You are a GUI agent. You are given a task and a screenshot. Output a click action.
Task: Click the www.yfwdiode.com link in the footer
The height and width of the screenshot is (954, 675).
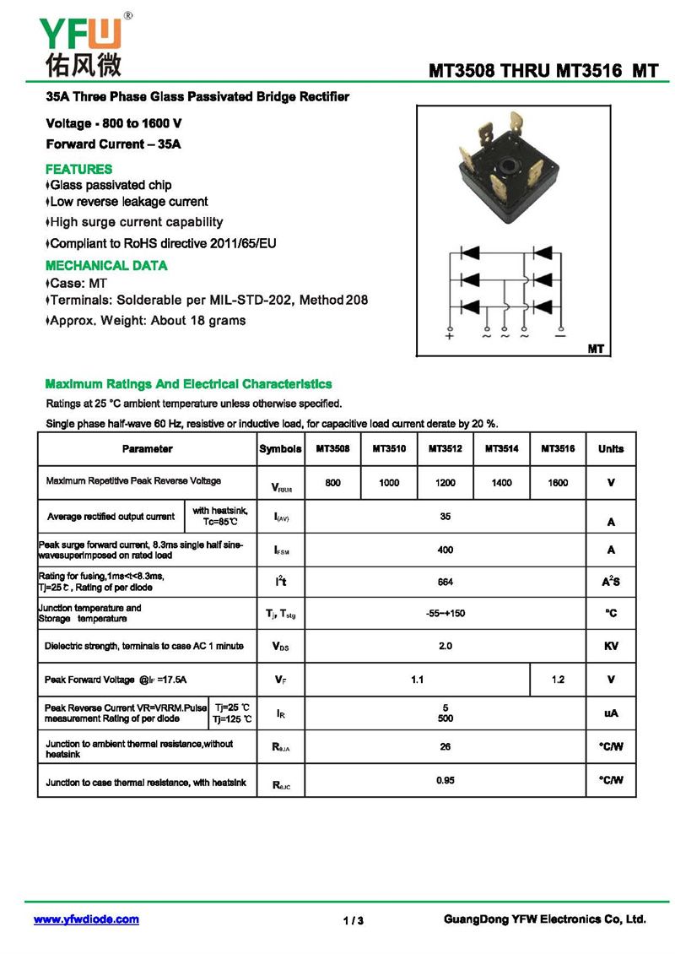pos(86,919)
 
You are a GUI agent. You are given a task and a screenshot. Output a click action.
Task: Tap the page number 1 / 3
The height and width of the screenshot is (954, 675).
pos(354,920)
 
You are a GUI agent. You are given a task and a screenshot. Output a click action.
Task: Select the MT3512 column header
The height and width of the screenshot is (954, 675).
pos(445,449)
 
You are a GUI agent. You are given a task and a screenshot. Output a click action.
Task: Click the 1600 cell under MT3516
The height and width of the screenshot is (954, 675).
pos(558,483)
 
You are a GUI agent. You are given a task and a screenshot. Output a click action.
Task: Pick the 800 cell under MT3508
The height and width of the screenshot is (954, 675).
pos(332,483)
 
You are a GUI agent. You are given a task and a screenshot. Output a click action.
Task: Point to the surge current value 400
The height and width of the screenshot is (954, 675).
pos(445,550)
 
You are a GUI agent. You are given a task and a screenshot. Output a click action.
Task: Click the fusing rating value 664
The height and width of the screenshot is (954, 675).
pos(445,583)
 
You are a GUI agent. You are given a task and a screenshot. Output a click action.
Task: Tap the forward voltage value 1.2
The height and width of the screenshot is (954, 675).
pos(558,680)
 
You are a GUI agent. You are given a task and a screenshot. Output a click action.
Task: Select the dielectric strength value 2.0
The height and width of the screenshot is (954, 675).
pos(445,646)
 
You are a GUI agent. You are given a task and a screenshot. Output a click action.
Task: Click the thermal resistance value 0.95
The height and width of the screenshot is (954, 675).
pos(445,780)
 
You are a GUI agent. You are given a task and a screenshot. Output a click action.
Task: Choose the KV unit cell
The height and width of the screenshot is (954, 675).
pos(611,647)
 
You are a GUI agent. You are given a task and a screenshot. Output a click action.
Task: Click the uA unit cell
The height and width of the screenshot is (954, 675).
pos(611,713)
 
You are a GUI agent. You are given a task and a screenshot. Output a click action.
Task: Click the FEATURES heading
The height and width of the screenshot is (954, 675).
pos(78,169)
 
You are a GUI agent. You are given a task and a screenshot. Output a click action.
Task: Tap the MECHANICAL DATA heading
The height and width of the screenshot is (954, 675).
pos(106,265)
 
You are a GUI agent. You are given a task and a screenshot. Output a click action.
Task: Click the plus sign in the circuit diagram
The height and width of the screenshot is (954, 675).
pos(450,336)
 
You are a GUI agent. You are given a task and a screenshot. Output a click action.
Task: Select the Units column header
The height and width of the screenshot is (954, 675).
pos(611,449)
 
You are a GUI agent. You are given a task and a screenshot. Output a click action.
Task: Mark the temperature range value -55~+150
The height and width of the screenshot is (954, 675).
pos(445,613)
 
